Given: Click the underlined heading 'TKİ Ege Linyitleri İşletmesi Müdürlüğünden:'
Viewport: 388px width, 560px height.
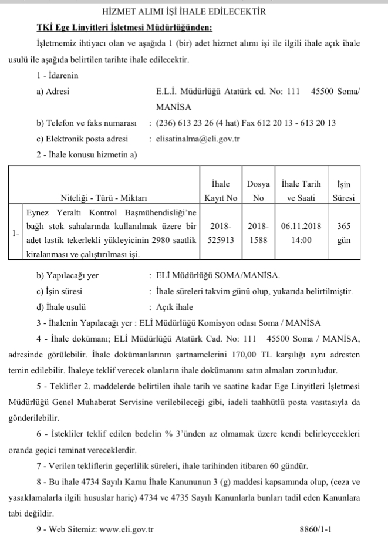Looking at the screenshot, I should (125, 28).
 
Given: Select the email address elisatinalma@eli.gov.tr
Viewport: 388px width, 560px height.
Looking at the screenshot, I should (198, 139).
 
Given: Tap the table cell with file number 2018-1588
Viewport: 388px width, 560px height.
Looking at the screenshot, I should (258, 232).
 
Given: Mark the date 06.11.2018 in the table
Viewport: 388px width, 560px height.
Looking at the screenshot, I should (301, 225).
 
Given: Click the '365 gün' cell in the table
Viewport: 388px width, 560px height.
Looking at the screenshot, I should (343, 232).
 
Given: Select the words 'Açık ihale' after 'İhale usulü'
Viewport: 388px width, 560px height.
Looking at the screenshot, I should (174, 307).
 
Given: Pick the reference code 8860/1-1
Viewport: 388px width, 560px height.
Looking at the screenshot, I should (316, 529).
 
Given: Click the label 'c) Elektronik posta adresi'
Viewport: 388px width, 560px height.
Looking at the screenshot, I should (82, 139).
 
